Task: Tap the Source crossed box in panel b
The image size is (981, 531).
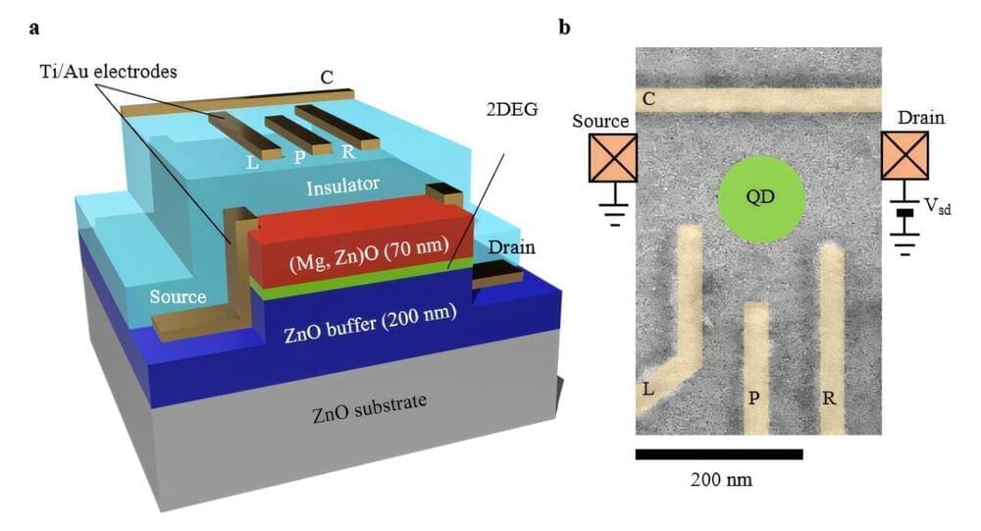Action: point(612,158)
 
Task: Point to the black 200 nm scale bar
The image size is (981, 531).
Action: point(719,454)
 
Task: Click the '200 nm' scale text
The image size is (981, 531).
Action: point(718,481)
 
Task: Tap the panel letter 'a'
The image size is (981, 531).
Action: point(34,27)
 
